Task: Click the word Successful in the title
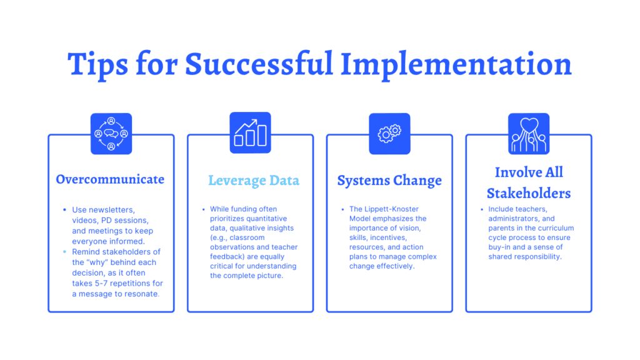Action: coord(259,64)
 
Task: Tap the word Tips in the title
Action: coord(97,65)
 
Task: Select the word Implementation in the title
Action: coord(456,65)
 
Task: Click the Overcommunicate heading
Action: coord(110,179)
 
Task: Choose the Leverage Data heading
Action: coord(254,181)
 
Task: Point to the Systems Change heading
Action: coord(389,181)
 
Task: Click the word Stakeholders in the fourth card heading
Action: coord(529,193)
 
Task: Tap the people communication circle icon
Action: coord(111,134)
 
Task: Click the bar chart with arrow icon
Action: coord(250,132)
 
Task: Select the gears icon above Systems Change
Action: coord(389,134)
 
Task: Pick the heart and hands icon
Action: coord(529,134)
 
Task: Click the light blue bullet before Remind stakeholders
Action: coord(64,252)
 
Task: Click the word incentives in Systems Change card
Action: coord(388,237)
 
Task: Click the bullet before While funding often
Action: coord(204,209)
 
